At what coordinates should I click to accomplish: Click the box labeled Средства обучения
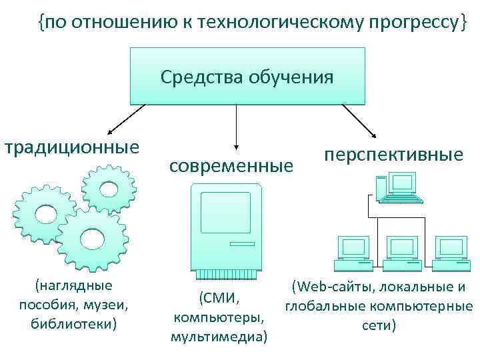(247, 76)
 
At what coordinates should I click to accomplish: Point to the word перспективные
(393, 155)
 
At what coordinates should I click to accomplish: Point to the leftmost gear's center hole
(45, 214)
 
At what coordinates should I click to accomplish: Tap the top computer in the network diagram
(401, 186)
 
